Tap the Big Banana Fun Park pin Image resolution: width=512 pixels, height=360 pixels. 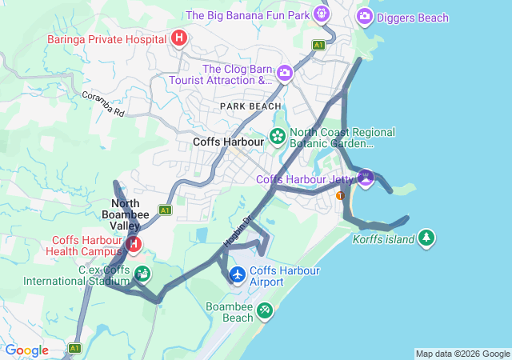322,14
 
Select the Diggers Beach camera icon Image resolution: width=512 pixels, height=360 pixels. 364,16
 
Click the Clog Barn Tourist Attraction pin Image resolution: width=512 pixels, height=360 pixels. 285,74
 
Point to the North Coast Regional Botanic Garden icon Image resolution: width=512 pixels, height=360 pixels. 278,137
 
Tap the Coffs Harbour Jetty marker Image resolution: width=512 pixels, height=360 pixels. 366,178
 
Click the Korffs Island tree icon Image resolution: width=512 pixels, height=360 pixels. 426,238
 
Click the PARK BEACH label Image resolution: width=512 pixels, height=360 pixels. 251,106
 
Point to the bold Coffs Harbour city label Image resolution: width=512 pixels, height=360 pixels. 228,142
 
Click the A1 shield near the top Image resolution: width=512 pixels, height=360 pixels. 318,46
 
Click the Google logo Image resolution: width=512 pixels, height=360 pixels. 27,350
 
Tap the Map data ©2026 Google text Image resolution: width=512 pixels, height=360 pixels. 462,354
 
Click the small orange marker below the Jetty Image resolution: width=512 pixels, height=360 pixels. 340,195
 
